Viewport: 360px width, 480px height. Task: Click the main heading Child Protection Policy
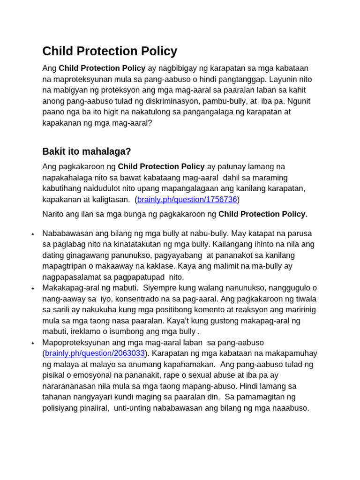[x=110, y=51]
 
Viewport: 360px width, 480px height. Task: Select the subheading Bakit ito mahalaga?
[x=87, y=151]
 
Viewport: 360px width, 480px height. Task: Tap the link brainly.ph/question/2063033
[x=95, y=353]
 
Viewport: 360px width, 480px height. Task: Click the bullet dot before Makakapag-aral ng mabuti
[x=32, y=288]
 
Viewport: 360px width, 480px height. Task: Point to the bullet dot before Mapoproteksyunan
[x=32, y=343]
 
